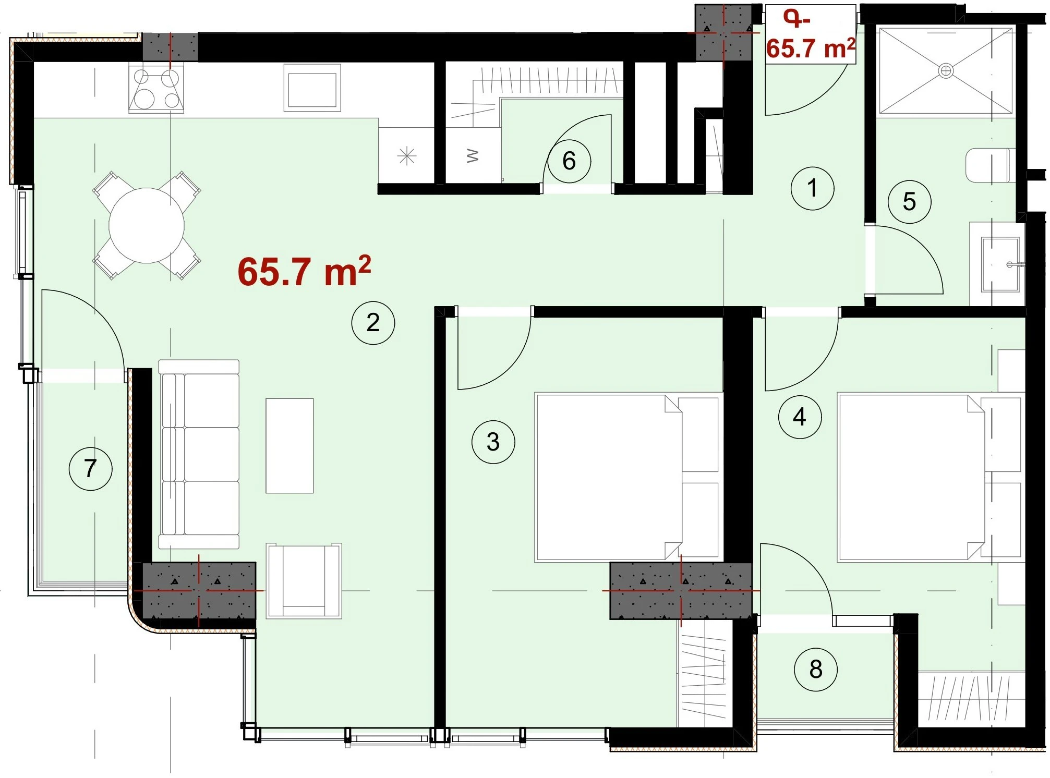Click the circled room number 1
pos(812,188)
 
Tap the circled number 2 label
pos(373,323)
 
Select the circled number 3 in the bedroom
pos(493,442)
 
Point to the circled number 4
pos(800,417)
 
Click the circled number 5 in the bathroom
pos(909,202)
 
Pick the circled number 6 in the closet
pos(569,161)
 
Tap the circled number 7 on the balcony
pos(90,468)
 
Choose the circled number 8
pos(816,670)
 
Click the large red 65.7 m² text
pos(304,271)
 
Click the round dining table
pos(147,225)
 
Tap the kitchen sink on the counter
pos(312,88)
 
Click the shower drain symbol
pos(946,70)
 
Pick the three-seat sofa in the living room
pos(199,454)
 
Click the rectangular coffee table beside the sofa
pos(289,446)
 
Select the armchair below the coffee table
pos(304,581)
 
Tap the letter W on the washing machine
pos(473,155)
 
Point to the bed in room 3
pos(629,477)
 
